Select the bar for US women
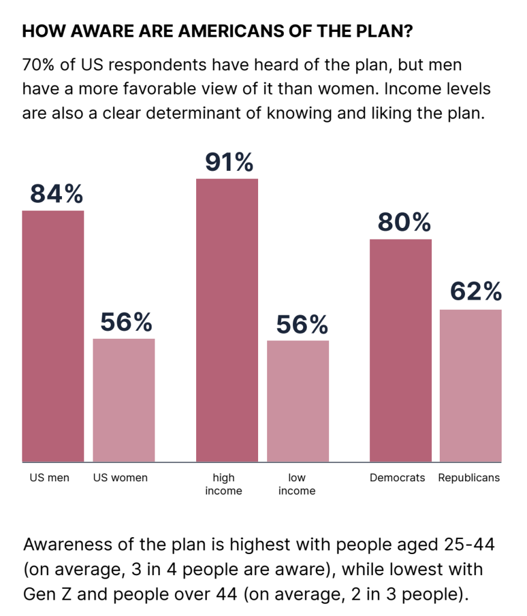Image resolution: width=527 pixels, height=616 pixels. click(x=123, y=400)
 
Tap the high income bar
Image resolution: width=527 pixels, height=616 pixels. click(x=227, y=320)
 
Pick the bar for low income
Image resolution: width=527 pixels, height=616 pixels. click(x=298, y=401)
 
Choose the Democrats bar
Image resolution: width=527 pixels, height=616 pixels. click(x=400, y=350)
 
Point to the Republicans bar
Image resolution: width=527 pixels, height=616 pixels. click(x=470, y=386)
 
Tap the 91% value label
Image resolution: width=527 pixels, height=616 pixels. click(x=228, y=162)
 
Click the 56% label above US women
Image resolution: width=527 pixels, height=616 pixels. click(x=126, y=323)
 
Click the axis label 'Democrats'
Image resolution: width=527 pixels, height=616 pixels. click(x=397, y=478)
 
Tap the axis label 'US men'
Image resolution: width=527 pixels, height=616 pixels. click(x=49, y=478)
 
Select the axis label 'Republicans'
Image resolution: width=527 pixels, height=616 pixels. click(x=469, y=478)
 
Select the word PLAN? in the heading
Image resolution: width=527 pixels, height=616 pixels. click(x=385, y=32)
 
